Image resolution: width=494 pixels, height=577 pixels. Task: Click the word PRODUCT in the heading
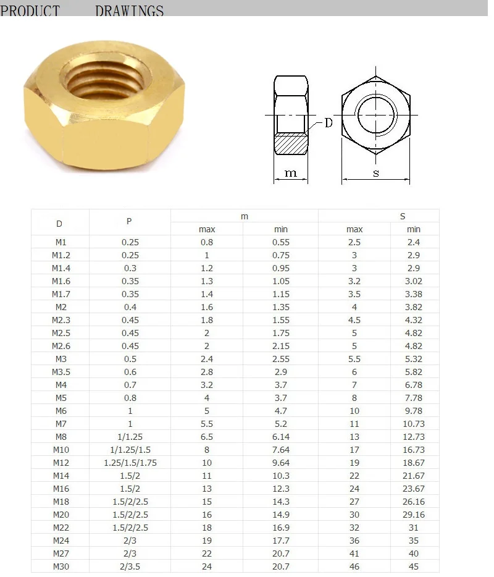coord(30,11)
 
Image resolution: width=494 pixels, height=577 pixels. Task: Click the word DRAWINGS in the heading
coord(130,11)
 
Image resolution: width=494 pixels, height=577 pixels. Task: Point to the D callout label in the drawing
coord(328,123)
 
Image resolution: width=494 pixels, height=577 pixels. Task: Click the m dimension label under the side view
coord(291,173)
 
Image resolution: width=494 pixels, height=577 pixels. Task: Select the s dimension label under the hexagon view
coord(375,173)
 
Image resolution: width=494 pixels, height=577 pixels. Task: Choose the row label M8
coord(60,437)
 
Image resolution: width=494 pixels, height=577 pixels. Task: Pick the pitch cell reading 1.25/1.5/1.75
coord(130,463)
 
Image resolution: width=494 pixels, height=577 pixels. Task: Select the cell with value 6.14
coord(280,437)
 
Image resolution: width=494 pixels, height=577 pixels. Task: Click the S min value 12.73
coord(414,437)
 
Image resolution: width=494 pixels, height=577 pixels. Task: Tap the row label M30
coord(60,566)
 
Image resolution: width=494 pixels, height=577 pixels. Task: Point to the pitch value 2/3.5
coord(130,566)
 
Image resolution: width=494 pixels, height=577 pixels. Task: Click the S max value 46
coord(354,566)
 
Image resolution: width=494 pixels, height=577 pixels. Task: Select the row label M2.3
coord(60,320)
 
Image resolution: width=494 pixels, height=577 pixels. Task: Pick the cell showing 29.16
coord(414,515)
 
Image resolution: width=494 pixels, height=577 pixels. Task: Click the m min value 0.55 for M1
coord(280,242)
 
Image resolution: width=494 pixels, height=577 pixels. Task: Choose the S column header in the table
coord(403,216)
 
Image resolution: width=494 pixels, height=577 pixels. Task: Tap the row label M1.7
coord(60,294)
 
